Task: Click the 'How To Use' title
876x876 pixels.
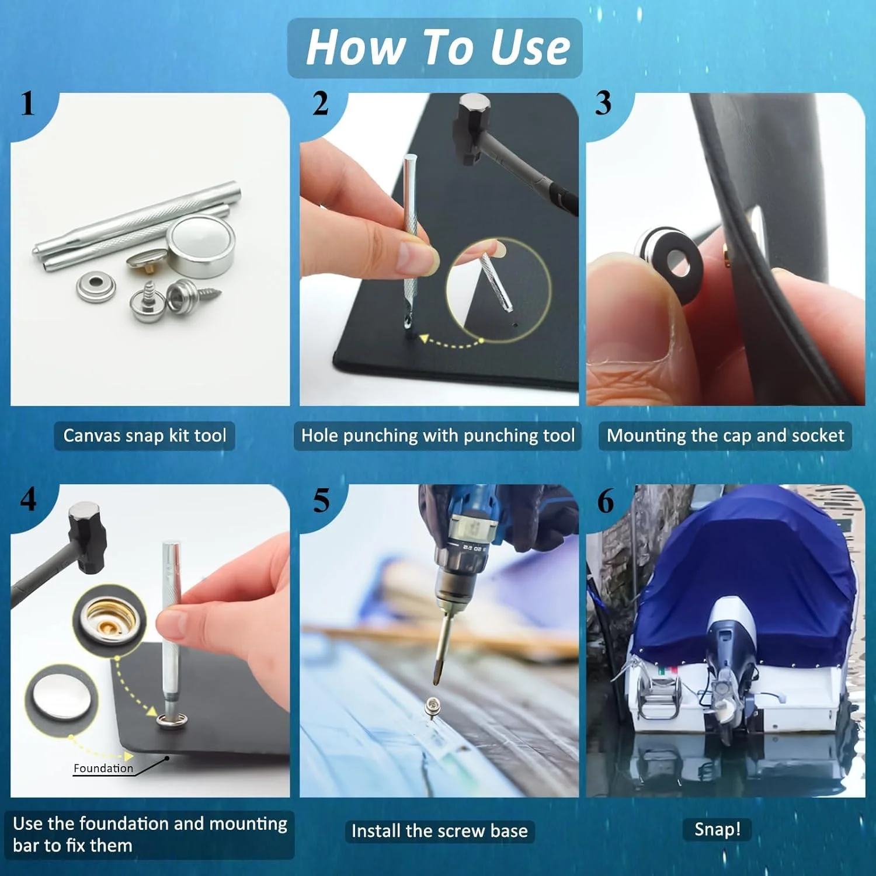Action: point(437,47)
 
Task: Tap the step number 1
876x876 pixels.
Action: point(27,105)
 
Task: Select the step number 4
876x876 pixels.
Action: point(28,499)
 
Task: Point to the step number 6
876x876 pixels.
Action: point(606,501)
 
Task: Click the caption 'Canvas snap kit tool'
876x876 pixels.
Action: point(145,436)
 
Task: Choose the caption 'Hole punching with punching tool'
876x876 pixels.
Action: point(438,436)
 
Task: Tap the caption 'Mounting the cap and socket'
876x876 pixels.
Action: point(725,436)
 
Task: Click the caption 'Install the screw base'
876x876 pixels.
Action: point(440,830)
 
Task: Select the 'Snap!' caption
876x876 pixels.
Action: point(717,829)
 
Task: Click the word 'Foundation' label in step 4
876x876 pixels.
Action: point(103,768)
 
